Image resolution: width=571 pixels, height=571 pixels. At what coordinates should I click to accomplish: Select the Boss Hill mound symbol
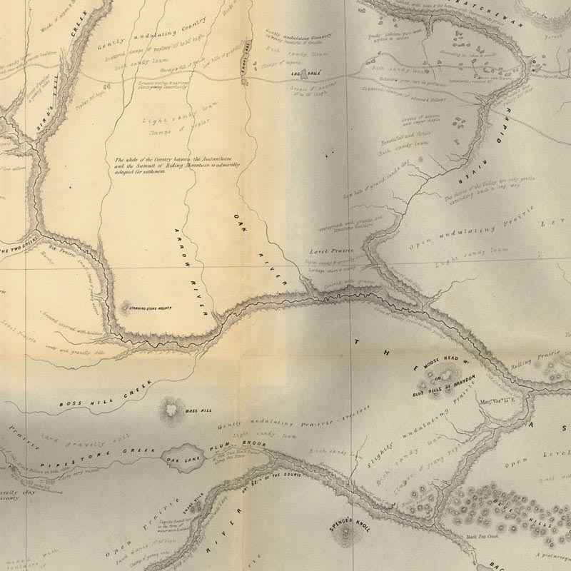(x=172, y=409)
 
